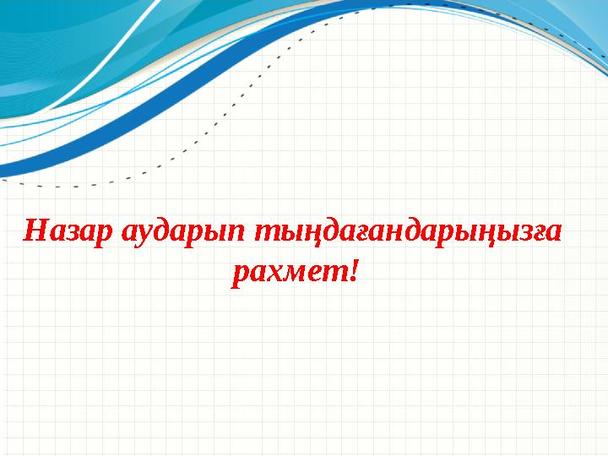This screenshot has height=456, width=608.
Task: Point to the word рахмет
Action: pos(288,272)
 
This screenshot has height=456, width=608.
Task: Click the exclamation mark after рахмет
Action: pos(353,271)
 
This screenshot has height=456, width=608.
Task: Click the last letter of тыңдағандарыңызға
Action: pos(552,231)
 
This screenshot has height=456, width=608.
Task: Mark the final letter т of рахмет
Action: pos(334,273)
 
